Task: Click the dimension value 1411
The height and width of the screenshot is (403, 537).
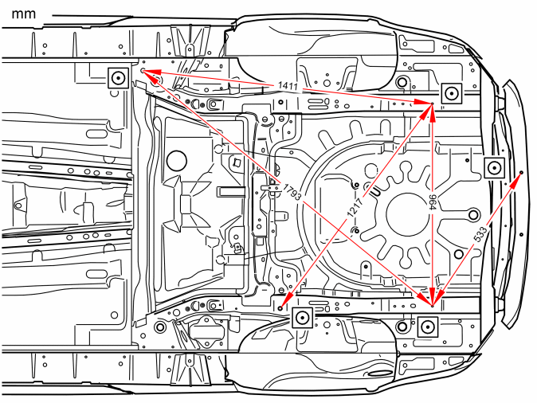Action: tap(288, 85)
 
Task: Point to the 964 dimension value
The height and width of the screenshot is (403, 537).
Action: tap(433, 202)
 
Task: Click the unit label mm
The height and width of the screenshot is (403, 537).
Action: tap(24, 14)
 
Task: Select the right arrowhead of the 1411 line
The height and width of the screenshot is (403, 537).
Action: tap(422, 102)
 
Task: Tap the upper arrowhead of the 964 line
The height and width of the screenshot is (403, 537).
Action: tap(432, 112)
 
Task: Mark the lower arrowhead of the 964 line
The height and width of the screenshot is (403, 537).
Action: tap(432, 296)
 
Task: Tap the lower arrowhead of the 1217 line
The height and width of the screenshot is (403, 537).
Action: tap(286, 300)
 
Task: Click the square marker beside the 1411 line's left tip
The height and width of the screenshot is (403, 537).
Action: tap(119, 78)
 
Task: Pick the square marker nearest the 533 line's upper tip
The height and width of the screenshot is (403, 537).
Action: tap(495, 168)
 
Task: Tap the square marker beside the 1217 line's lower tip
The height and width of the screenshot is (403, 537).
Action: tap(302, 318)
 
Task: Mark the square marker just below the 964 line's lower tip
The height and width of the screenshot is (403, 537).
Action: tap(428, 327)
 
